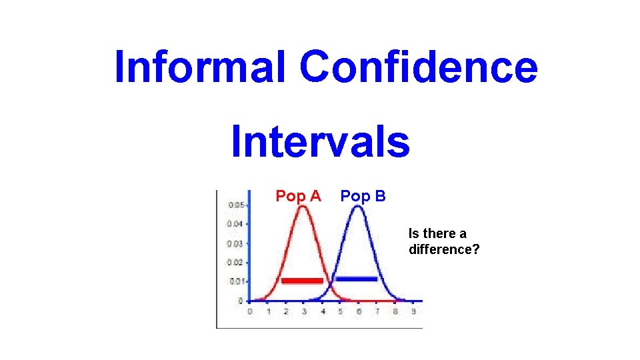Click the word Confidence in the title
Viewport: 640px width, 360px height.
[x=418, y=67]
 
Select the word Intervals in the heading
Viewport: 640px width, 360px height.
[x=320, y=142]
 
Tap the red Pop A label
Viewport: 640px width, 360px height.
[x=298, y=196]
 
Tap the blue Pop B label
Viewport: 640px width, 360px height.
[x=363, y=196]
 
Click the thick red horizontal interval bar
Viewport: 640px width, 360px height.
[x=302, y=281]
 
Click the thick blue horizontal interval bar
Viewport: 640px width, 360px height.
[x=356, y=279]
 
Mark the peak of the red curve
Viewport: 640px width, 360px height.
[x=303, y=206]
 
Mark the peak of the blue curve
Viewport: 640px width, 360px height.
[x=358, y=206]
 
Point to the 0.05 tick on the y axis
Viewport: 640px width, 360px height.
[x=236, y=205]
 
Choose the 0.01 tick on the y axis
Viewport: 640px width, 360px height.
[x=236, y=281]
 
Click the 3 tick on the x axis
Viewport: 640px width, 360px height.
[x=304, y=311]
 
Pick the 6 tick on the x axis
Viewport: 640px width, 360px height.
[x=359, y=311]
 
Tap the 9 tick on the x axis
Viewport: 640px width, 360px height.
[x=413, y=311]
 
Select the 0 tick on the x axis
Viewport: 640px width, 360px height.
[x=249, y=311]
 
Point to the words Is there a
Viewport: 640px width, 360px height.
[x=437, y=233]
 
